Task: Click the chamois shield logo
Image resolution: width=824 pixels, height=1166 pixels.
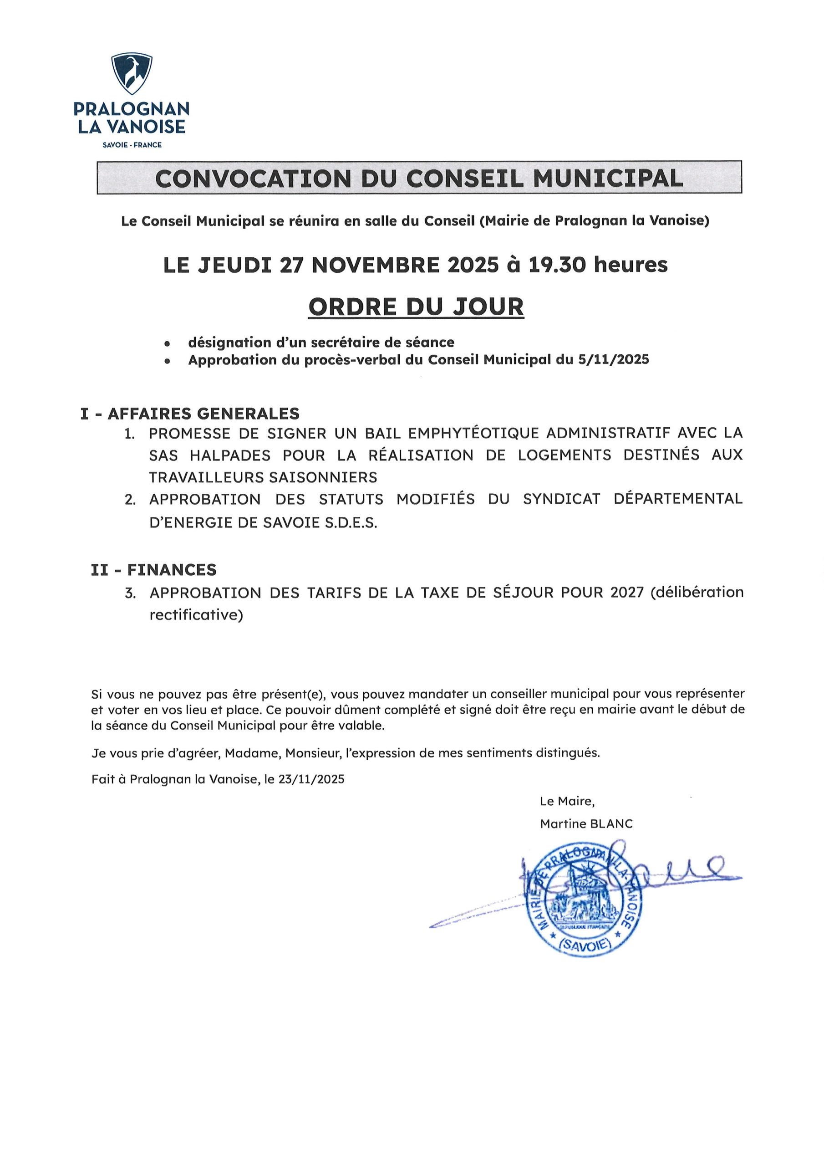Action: (132, 74)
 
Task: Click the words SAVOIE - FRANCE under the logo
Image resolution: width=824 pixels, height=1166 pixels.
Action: (132, 145)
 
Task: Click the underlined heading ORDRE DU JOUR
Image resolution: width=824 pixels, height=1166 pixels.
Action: (416, 306)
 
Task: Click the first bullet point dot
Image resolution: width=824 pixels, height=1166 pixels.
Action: (167, 344)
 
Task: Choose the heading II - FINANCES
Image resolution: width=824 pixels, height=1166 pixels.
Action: (153, 570)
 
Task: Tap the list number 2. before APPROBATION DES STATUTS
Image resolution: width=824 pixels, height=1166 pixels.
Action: (130, 500)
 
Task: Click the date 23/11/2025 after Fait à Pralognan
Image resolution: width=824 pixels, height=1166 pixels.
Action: (311, 779)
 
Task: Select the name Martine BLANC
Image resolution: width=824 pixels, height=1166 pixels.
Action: (586, 824)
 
